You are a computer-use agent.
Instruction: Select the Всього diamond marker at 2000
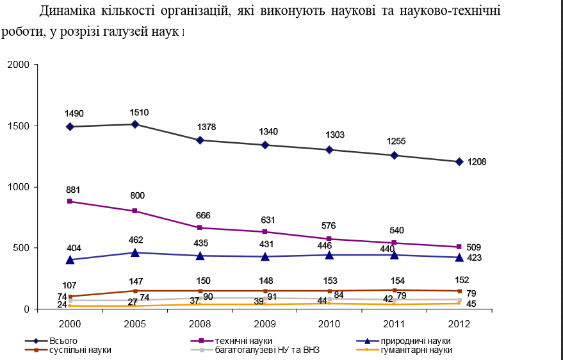[69, 127]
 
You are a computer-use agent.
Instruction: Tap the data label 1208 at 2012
[477, 162]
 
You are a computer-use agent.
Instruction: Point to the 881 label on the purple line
[73, 190]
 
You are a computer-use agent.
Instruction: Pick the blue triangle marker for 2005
[135, 252]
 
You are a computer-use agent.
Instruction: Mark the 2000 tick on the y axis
[19, 65]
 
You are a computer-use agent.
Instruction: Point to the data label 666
[203, 215]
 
